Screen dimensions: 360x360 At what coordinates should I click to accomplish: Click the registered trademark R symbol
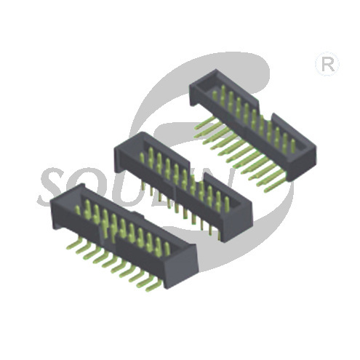tap(327, 64)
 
